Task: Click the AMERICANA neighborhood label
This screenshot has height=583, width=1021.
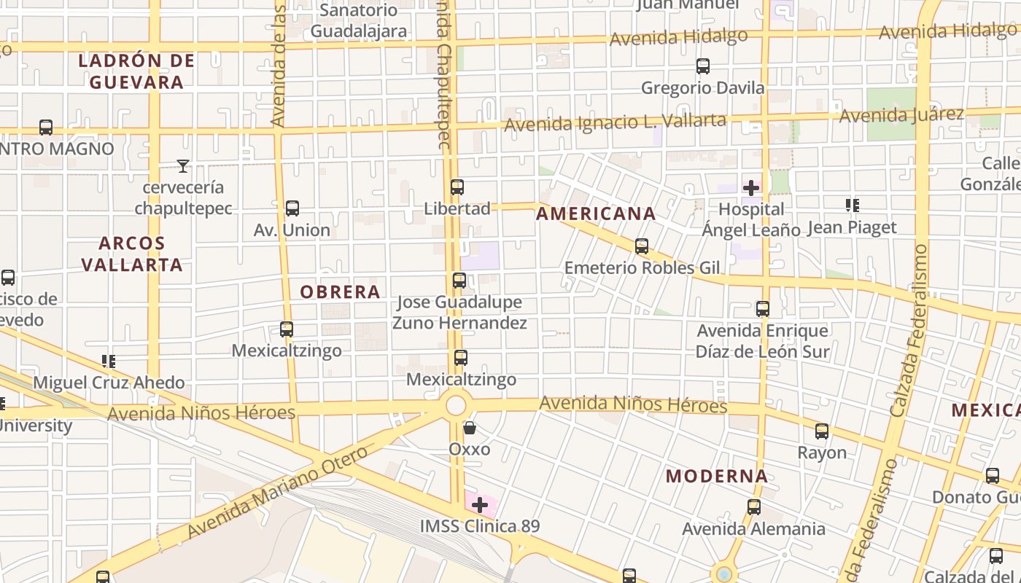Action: click(596, 214)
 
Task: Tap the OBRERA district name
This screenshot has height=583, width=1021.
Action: click(341, 292)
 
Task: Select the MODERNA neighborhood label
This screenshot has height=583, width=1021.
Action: click(717, 477)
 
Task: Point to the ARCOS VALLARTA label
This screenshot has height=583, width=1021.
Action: click(132, 254)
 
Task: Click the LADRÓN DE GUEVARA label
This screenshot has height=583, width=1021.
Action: click(136, 71)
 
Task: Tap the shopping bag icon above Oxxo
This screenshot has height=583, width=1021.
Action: click(470, 428)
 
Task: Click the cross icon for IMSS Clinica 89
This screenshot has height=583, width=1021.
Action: click(480, 504)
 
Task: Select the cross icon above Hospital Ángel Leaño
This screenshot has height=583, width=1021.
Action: click(751, 188)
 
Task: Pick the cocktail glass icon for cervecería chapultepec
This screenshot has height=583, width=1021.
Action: click(183, 166)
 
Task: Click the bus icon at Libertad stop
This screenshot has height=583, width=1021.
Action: click(457, 187)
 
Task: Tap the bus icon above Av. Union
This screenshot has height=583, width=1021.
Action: click(292, 208)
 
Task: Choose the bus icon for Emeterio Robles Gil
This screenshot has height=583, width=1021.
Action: click(642, 246)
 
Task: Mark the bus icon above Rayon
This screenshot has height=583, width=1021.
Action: click(822, 431)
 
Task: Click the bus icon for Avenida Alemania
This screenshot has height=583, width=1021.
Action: click(754, 507)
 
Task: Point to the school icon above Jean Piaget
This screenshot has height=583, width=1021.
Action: click(852, 206)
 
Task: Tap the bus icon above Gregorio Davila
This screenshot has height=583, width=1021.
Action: click(703, 66)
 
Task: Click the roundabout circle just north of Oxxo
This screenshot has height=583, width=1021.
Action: click(457, 405)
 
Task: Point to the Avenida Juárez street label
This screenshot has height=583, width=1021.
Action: click(901, 115)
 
